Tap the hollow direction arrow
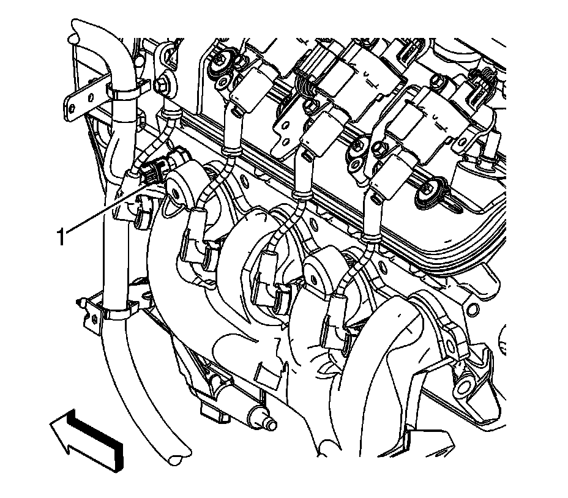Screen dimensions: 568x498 click(87, 440)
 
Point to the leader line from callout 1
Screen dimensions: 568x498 click(106, 207)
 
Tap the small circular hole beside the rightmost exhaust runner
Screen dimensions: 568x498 click(472, 309)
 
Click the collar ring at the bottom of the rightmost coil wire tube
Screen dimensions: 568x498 click(368, 237)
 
